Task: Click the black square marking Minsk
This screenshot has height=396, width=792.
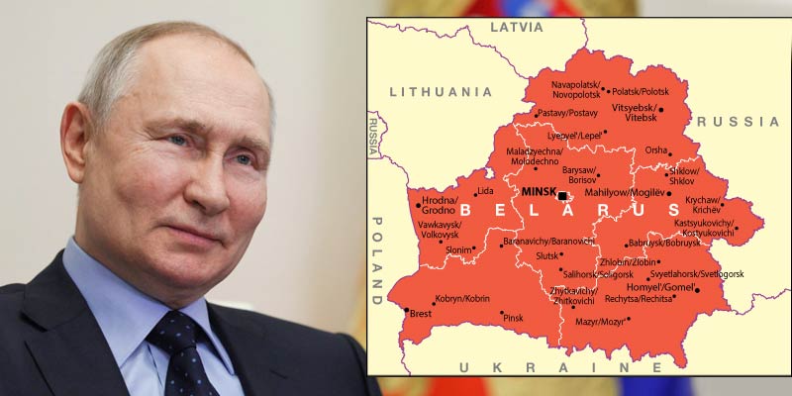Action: pyautogui.click(x=563, y=196)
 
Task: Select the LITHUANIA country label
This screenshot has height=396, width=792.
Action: pyautogui.click(x=441, y=92)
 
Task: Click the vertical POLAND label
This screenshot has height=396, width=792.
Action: pyautogui.click(x=376, y=259)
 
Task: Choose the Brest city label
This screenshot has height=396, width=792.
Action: pyautogui.click(x=421, y=314)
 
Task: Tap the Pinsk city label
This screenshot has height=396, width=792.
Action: pyautogui.click(x=513, y=318)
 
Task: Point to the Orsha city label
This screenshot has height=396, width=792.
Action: pyautogui.click(x=656, y=150)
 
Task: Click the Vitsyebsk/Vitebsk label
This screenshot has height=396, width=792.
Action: pyautogui.click(x=635, y=111)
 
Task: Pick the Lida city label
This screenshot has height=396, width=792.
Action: pyautogui.click(x=485, y=191)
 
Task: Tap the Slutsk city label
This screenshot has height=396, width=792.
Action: pyautogui.click(x=546, y=256)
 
